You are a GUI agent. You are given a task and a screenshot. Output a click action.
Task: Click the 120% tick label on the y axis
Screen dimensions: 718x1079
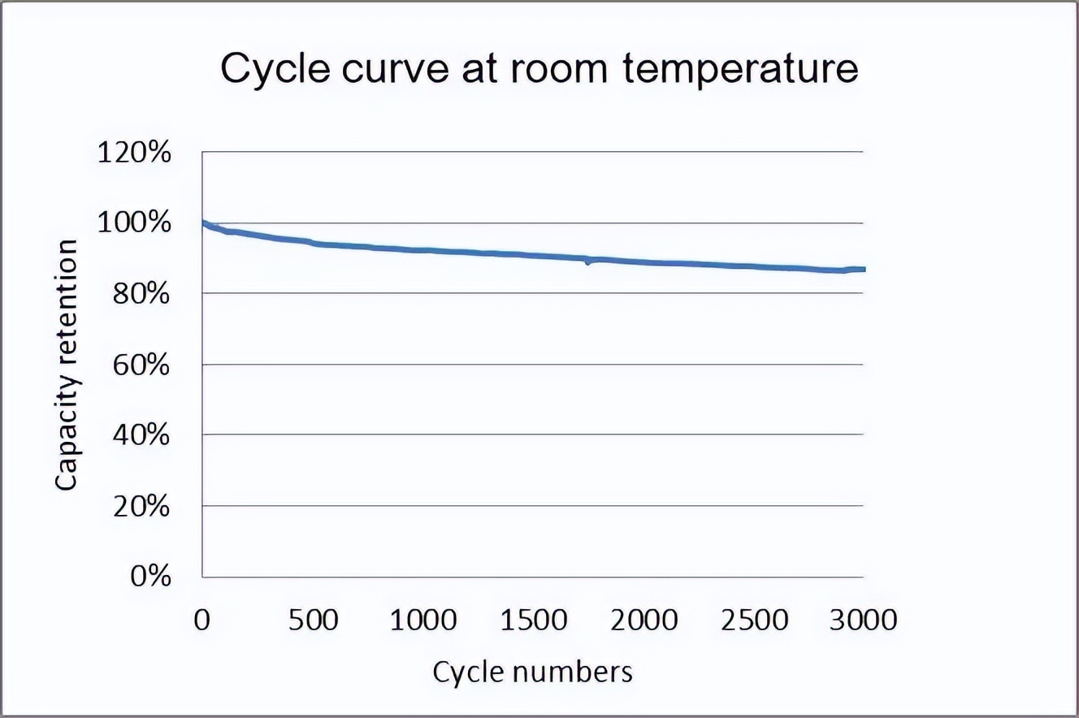tap(134, 152)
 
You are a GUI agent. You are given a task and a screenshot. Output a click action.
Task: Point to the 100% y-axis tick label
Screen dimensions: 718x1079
tap(134, 223)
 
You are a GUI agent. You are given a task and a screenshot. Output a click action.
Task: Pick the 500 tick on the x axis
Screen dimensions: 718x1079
tap(313, 620)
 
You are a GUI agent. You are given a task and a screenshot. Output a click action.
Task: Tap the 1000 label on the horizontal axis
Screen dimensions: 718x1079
tap(422, 620)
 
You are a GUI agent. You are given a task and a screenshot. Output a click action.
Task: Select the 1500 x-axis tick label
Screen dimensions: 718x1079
tap(533, 620)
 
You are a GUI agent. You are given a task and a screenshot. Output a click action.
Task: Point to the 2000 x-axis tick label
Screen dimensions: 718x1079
tap(643, 620)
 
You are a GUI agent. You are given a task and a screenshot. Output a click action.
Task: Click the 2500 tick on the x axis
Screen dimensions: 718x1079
tap(753, 620)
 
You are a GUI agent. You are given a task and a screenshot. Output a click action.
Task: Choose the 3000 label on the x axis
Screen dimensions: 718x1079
tap(863, 620)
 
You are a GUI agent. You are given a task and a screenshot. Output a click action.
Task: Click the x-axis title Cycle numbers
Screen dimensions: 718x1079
tap(532, 672)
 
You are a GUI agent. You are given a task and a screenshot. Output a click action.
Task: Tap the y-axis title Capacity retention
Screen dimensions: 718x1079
tap(67, 364)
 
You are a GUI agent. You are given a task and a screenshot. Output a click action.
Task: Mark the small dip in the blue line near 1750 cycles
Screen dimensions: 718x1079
tap(587, 262)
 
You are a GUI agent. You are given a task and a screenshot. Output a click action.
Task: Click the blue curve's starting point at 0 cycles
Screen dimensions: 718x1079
tap(202, 223)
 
